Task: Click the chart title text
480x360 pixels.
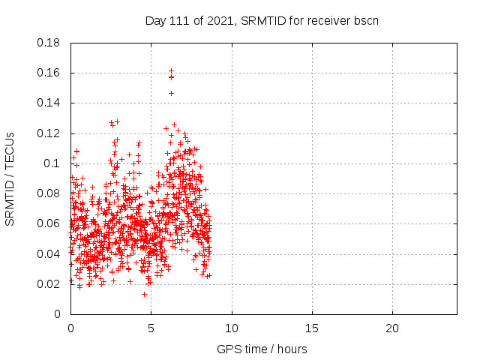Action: [262, 20]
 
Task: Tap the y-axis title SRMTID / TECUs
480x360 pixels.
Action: [10, 178]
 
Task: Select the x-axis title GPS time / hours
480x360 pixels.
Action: [262, 349]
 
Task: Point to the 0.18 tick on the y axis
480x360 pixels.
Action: [49, 43]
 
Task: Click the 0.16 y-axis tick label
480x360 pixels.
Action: [49, 73]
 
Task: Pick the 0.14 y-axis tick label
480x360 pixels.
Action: [49, 103]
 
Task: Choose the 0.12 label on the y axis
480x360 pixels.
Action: [49, 133]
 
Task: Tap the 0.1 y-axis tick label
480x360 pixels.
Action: [52, 163]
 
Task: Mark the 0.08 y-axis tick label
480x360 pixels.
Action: [49, 193]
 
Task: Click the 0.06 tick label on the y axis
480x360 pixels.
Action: [49, 223]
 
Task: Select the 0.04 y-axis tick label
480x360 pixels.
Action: [49, 253]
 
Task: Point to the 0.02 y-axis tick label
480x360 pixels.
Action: [49, 283]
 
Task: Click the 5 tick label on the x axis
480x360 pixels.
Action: [151, 328]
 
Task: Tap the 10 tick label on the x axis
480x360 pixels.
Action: [232, 328]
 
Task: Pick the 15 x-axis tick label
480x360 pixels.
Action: [312, 328]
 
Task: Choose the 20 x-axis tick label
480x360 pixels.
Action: [392, 328]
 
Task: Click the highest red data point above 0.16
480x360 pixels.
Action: [171, 70]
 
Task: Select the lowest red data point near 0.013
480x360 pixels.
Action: [144, 294]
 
